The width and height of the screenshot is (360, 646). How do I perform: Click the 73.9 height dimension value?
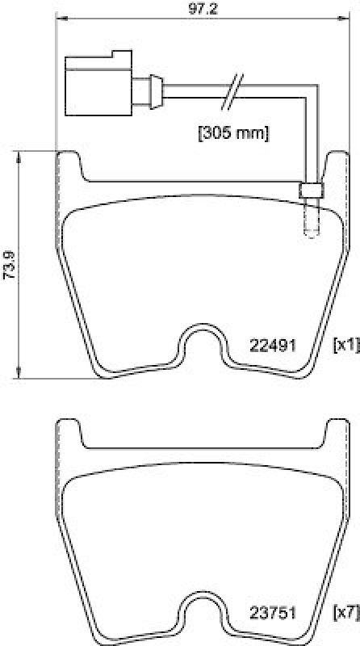pos(8,264)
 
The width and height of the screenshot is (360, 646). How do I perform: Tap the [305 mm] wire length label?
pos(232,130)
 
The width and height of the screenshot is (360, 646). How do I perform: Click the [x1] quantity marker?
pos(345,345)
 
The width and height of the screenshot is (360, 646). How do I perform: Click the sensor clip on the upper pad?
pos(310,191)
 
